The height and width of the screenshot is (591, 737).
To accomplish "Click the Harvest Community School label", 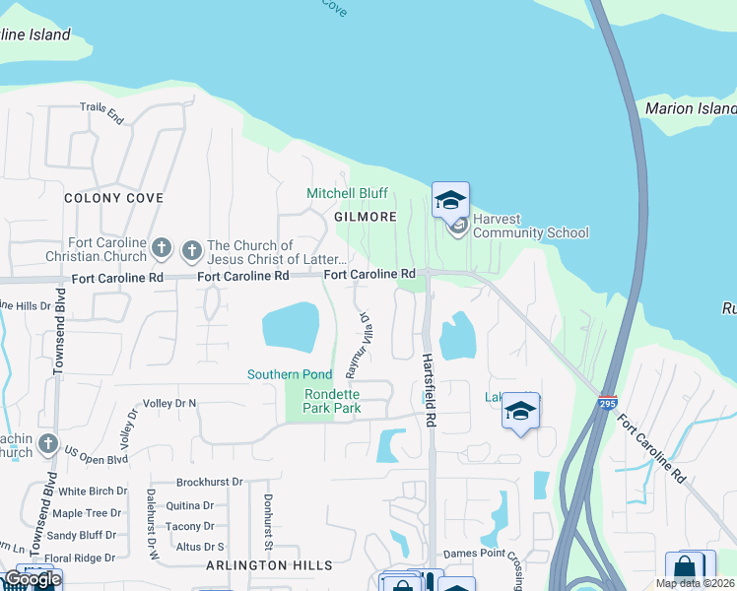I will (x=530, y=226).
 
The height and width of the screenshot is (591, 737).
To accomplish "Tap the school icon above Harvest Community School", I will (x=450, y=201).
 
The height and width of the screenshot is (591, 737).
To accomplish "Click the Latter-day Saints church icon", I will (x=191, y=251).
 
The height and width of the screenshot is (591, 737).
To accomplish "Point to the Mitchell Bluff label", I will (x=347, y=194).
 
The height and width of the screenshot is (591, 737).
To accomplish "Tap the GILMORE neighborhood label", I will (x=365, y=217).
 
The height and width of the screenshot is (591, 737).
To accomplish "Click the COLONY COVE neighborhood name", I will (x=113, y=198).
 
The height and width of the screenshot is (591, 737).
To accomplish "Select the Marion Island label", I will (x=691, y=108).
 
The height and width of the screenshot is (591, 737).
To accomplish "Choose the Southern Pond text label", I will (x=290, y=374).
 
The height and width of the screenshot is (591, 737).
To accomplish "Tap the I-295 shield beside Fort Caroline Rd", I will (x=608, y=403).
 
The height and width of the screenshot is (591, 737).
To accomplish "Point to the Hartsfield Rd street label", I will (x=430, y=390).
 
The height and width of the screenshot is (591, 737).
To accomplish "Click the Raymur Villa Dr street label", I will (x=356, y=346).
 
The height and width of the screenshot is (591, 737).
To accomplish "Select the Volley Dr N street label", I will (x=170, y=403).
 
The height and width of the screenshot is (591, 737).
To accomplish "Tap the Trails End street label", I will (x=102, y=113).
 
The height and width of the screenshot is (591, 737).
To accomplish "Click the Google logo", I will (x=32, y=579).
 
